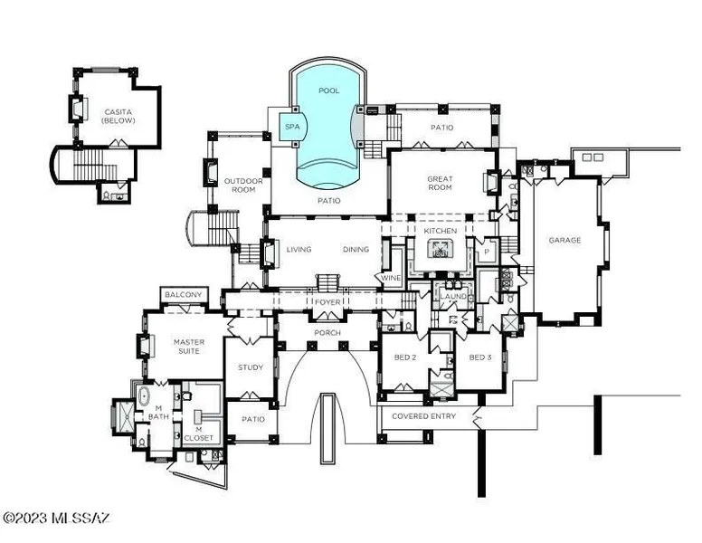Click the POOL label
[x=329, y=90]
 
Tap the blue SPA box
[x=292, y=127]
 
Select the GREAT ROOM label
[x=440, y=183]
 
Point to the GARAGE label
[x=564, y=240]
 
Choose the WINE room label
[x=391, y=278]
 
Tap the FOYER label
[x=327, y=302]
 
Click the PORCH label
[x=327, y=333]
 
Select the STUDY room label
[x=251, y=367]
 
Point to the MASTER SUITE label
[x=189, y=347]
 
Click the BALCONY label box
[x=184, y=295]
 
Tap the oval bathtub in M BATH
[x=144, y=397]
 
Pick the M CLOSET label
[x=198, y=433]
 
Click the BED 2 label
[x=405, y=357]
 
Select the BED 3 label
[x=480, y=357]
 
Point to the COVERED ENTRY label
[x=423, y=416]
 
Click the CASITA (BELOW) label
[x=119, y=116]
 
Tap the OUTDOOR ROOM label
[x=243, y=185]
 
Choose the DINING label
[x=356, y=249]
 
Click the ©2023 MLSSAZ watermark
[x=56, y=519]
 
